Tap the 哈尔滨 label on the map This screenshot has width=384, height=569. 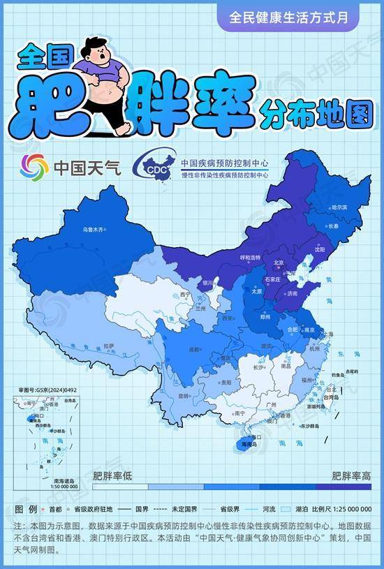point(339,207)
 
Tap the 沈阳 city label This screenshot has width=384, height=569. point(320,249)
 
